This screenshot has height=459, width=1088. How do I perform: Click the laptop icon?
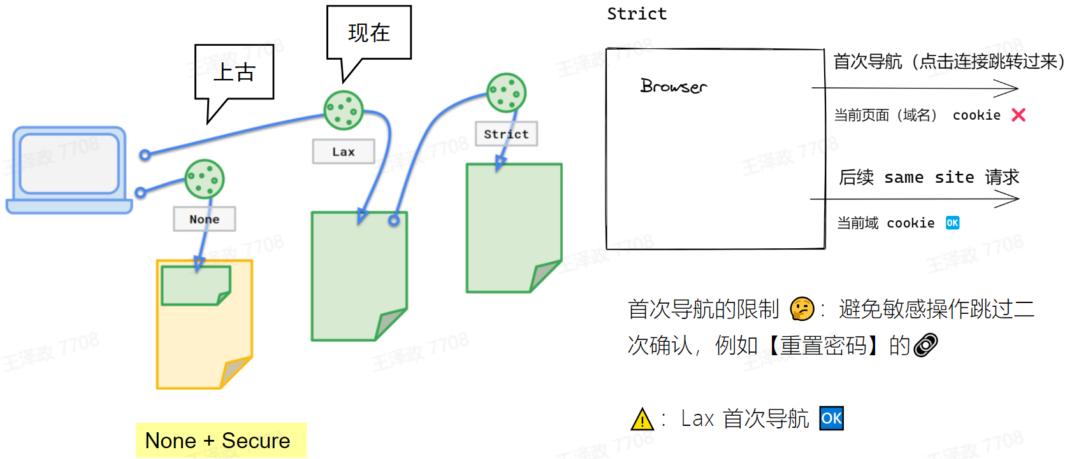click(x=69, y=169)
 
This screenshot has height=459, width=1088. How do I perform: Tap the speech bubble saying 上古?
click(x=234, y=72)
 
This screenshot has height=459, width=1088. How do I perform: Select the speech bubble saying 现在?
click(x=369, y=33)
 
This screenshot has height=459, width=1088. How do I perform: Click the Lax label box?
click(x=344, y=152)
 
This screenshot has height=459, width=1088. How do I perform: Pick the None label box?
click(x=204, y=219)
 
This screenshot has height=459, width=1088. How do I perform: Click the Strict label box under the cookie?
click(x=506, y=134)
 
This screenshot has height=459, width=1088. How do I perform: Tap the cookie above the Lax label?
click(x=344, y=110)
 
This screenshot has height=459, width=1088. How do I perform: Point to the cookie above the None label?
click(x=205, y=179)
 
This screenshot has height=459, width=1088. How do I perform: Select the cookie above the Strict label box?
click(x=506, y=92)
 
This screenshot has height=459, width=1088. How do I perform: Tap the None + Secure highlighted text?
click(x=218, y=441)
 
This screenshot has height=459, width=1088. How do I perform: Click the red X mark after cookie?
click(x=1019, y=115)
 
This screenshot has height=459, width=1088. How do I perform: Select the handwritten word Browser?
click(x=674, y=86)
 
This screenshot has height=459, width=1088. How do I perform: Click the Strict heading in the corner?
click(x=637, y=13)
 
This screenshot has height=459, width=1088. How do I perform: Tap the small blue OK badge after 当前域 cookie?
click(x=952, y=223)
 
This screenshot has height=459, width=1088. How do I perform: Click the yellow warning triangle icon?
click(x=642, y=419)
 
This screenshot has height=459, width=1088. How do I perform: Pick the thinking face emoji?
click(x=802, y=309)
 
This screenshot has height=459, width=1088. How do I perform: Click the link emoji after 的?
click(x=925, y=345)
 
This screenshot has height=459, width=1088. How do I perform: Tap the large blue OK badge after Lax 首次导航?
click(x=831, y=418)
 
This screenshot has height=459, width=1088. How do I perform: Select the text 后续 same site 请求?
click(x=929, y=177)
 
